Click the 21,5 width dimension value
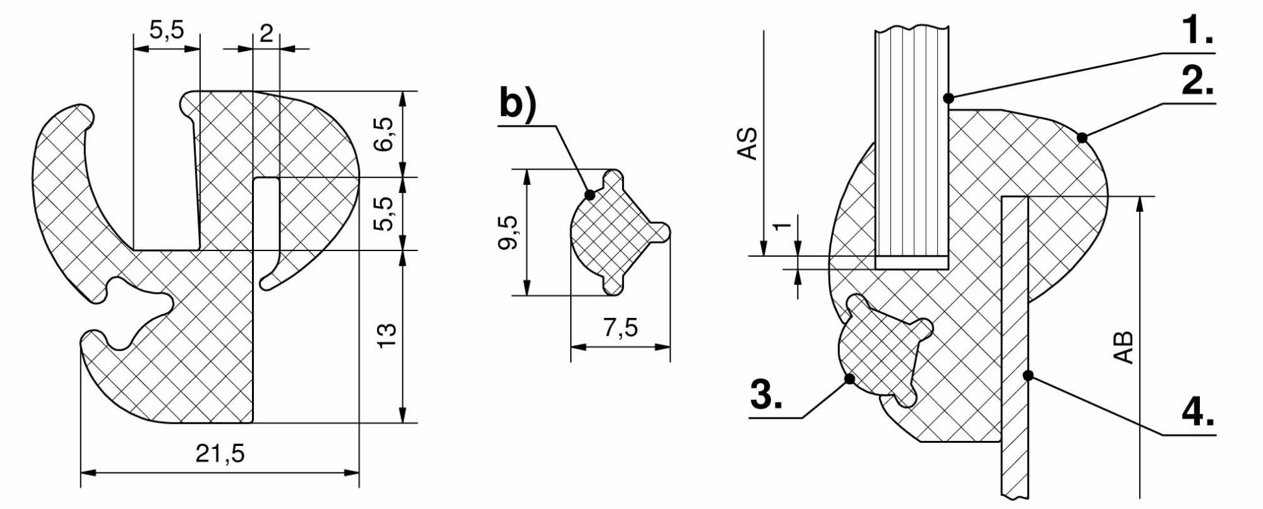click(220, 453)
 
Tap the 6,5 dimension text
click(386, 134)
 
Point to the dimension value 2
click(266, 32)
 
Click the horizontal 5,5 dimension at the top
click(167, 29)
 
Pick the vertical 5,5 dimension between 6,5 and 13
click(386, 214)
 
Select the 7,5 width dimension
click(621, 327)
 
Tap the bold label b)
click(518, 103)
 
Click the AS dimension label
click(748, 144)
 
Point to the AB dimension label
click(1124, 348)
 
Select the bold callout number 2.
click(1197, 80)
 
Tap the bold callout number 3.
click(767, 394)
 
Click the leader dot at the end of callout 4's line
click(1028, 375)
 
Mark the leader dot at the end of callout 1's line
click(948, 98)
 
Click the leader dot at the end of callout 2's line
click(1082, 137)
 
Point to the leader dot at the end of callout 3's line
click(849, 378)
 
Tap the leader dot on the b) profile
click(590, 195)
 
